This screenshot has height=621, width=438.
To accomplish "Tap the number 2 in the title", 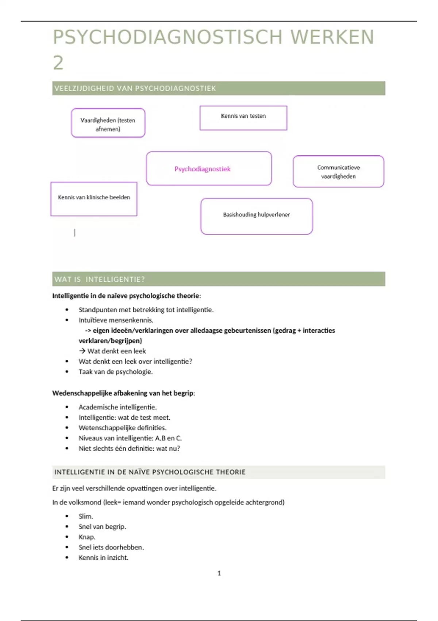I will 58,63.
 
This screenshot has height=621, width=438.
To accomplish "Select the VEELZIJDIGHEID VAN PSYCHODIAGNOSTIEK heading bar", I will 218,88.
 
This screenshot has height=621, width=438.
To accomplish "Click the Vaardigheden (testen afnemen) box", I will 108,123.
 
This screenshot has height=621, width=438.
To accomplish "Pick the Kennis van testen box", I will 243,118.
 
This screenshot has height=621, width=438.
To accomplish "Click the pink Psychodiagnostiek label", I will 203,169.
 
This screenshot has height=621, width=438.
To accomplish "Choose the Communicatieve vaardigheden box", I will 338,172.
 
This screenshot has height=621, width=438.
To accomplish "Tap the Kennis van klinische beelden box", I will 94,199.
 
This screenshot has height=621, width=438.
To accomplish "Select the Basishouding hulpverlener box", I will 256,216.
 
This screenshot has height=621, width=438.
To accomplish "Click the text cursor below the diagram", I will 75,233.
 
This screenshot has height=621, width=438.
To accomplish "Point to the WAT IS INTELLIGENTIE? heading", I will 100,279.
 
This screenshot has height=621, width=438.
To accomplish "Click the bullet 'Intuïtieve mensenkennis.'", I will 116,320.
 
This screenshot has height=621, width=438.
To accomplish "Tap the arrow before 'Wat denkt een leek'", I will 82,351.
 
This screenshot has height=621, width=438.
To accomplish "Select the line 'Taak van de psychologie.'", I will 115,372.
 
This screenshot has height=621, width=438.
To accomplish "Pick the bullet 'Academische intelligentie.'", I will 118,407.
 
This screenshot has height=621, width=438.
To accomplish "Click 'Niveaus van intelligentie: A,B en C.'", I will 130,438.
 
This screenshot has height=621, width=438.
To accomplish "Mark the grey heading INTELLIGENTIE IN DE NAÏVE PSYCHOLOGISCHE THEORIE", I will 150,472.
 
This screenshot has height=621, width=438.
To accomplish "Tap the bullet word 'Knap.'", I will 87,537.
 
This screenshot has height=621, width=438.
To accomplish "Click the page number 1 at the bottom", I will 219,573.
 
